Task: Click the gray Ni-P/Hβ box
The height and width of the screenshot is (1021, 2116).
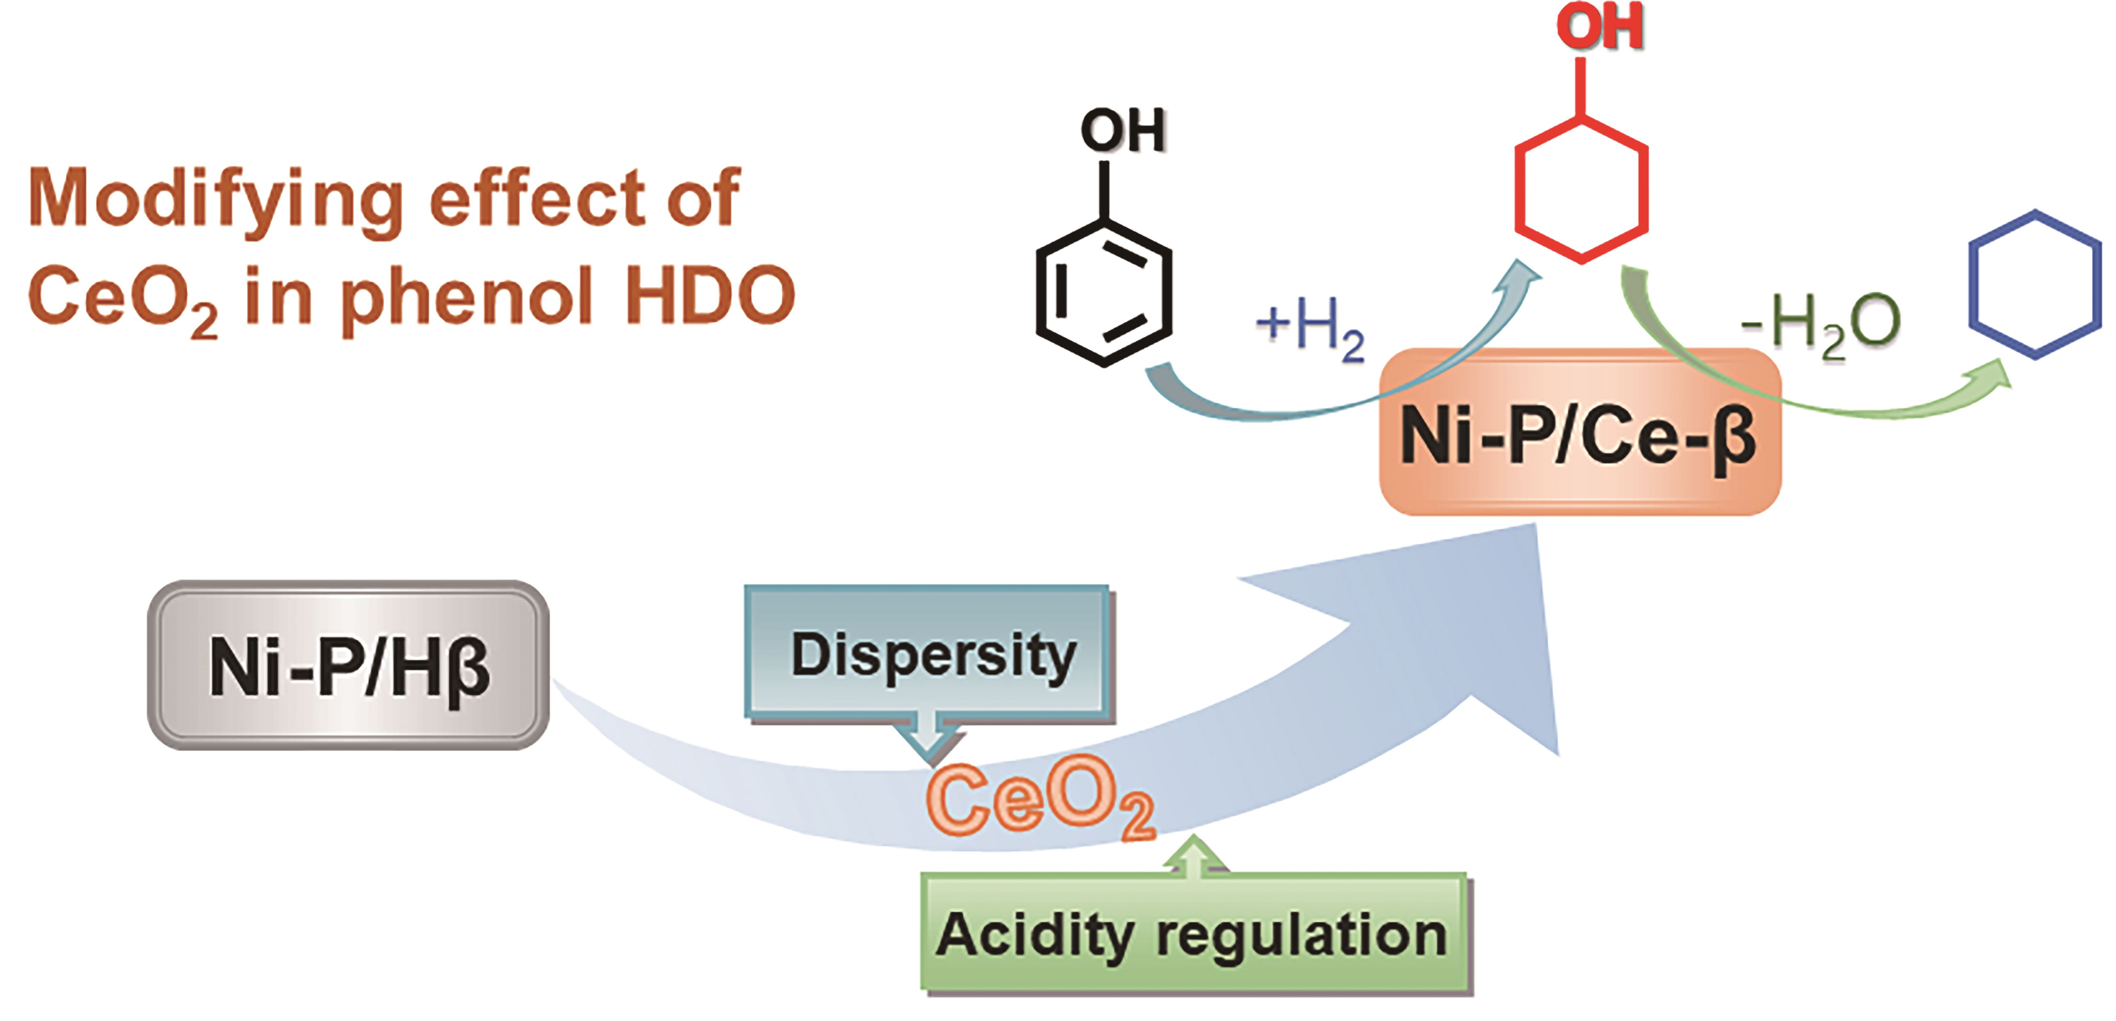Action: [348, 665]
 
